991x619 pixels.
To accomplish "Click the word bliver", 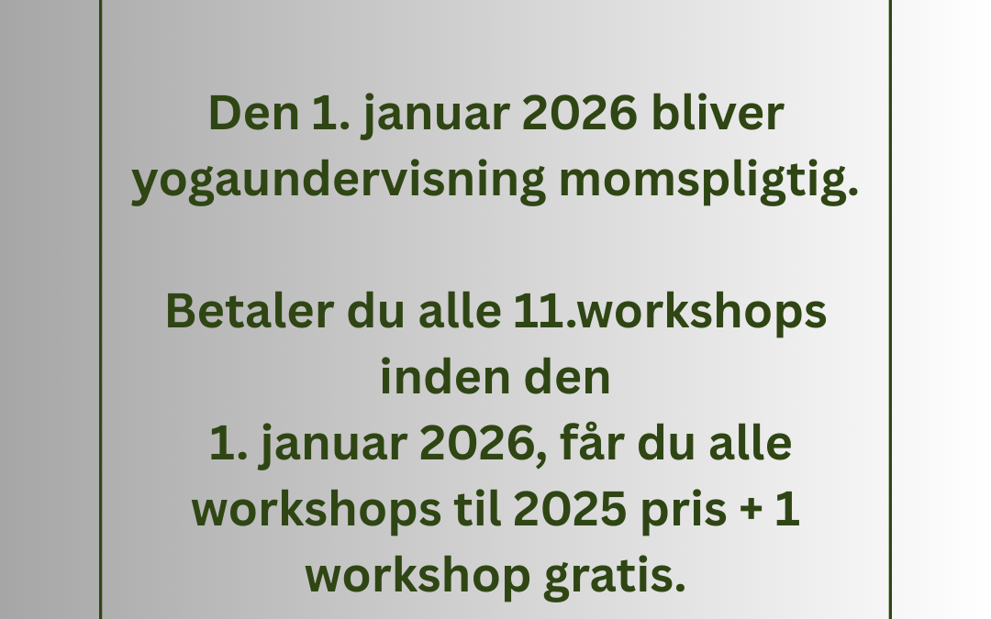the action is point(718,114).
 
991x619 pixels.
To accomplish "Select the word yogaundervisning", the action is point(338,182).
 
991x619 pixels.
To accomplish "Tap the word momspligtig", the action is point(709,182).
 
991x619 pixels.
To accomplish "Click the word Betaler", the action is point(250,312).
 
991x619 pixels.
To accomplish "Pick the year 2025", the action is point(570,510).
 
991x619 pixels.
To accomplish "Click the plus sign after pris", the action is point(751,510).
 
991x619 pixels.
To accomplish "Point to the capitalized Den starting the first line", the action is point(253,114).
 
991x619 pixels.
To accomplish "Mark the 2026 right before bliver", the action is point(580,114).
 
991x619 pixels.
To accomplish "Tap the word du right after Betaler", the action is point(375,312).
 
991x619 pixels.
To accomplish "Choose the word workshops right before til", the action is point(316,510).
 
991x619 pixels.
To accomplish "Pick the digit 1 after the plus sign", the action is point(787,509).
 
